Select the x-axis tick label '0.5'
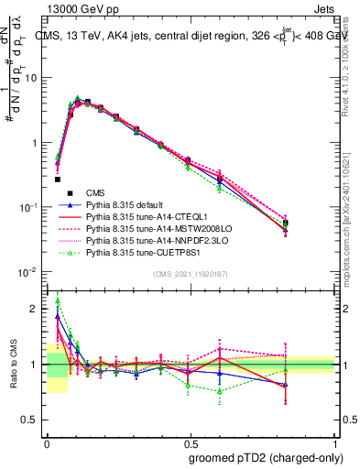coord(190,441)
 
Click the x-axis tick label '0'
coord(46,441)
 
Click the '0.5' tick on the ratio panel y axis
coord(33,420)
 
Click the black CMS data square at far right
coord(311,223)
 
